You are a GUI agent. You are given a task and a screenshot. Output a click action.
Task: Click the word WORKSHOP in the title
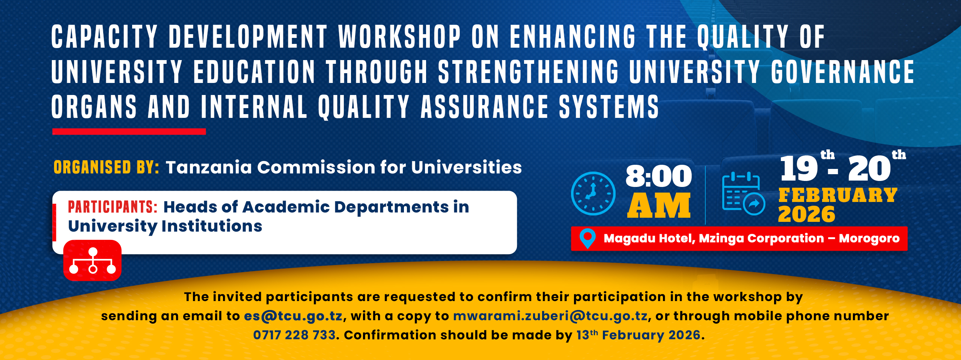click(399, 37)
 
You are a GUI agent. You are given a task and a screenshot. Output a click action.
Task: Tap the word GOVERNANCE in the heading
click(843, 72)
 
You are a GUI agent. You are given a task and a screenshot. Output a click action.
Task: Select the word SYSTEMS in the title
click(609, 107)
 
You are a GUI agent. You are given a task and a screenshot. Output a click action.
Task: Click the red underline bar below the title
click(129, 131)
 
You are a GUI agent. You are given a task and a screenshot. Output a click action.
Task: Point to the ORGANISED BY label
click(106, 167)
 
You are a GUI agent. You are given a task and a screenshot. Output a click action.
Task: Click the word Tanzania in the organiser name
click(208, 167)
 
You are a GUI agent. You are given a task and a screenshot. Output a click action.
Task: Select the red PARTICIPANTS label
click(112, 207)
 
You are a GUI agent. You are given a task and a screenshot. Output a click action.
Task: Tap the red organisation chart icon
click(92, 261)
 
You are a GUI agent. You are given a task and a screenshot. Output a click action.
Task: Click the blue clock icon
click(593, 193)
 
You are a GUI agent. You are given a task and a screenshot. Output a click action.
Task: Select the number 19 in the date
click(798, 169)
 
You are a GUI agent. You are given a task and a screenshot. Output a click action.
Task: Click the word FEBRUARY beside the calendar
click(837, 195)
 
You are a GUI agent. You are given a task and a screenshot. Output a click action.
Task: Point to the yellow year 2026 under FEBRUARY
click(806, 214)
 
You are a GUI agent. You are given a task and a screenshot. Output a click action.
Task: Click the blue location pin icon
click(587, 238)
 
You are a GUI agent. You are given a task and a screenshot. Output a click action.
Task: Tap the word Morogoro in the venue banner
click(869, 238)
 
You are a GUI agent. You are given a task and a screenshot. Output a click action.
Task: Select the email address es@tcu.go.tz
click(293, 316)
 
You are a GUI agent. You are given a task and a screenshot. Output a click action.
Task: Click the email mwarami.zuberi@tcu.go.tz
click(550, 316)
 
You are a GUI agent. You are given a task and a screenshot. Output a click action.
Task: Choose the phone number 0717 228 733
click(294, 335)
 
